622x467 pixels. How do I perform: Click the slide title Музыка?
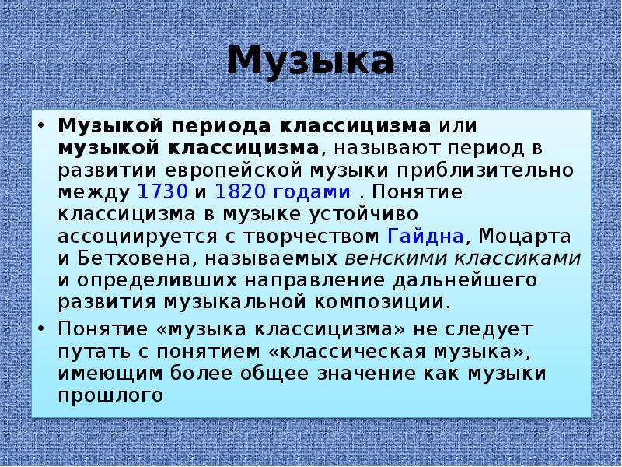coord(310,62)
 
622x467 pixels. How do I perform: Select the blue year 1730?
coord(162,191)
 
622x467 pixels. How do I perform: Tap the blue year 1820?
coord(240,191)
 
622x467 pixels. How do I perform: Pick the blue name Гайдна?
coord(425,237)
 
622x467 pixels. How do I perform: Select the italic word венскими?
coord(397,259)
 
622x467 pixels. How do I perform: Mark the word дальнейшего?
coord(465,281)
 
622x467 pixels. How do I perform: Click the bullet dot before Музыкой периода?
coord(41,126)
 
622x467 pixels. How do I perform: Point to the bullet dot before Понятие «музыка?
coord(41,329)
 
